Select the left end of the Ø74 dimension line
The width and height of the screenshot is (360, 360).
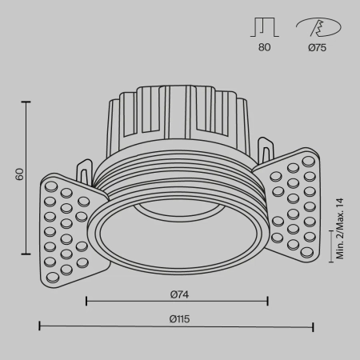pyautogui.click(x=86, y=301)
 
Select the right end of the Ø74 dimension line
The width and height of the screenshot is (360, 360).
pyautogui.click(x=267, y=301)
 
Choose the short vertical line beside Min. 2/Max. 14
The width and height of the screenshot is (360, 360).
pyautogui.click(x=333, y=246)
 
